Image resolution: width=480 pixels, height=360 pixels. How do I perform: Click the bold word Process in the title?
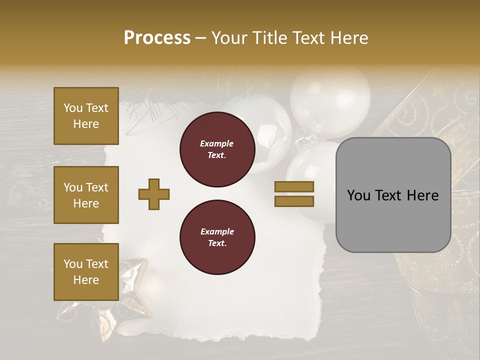[x=157, y=37]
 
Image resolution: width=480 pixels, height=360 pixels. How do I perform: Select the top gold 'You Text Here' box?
[x=86, y=116]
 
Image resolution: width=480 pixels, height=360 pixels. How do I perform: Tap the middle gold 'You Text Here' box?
[x=86, y=195]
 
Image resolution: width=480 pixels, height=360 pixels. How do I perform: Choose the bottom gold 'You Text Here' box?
[x=86, y=272]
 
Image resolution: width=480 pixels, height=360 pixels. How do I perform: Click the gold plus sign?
[x=154, y=194]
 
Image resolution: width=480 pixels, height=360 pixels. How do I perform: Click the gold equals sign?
[x=294, y=194]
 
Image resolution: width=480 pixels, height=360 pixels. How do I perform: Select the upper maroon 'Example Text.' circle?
[x=217, y=149]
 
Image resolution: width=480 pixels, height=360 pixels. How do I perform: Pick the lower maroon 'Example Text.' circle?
[x=217, y=237]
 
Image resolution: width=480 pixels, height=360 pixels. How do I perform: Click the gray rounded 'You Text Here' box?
[x=393, y=195]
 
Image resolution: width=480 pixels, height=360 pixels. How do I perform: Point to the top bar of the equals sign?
[x=294, y=187]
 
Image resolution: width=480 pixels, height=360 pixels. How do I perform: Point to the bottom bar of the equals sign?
[x=294, y=201]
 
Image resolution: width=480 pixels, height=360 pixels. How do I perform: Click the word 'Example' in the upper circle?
[x=217, y=143]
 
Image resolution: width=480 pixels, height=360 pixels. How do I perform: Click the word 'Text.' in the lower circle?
[x=217, y=243]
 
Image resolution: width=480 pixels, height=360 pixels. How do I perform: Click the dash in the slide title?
[x=200, y=38]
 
